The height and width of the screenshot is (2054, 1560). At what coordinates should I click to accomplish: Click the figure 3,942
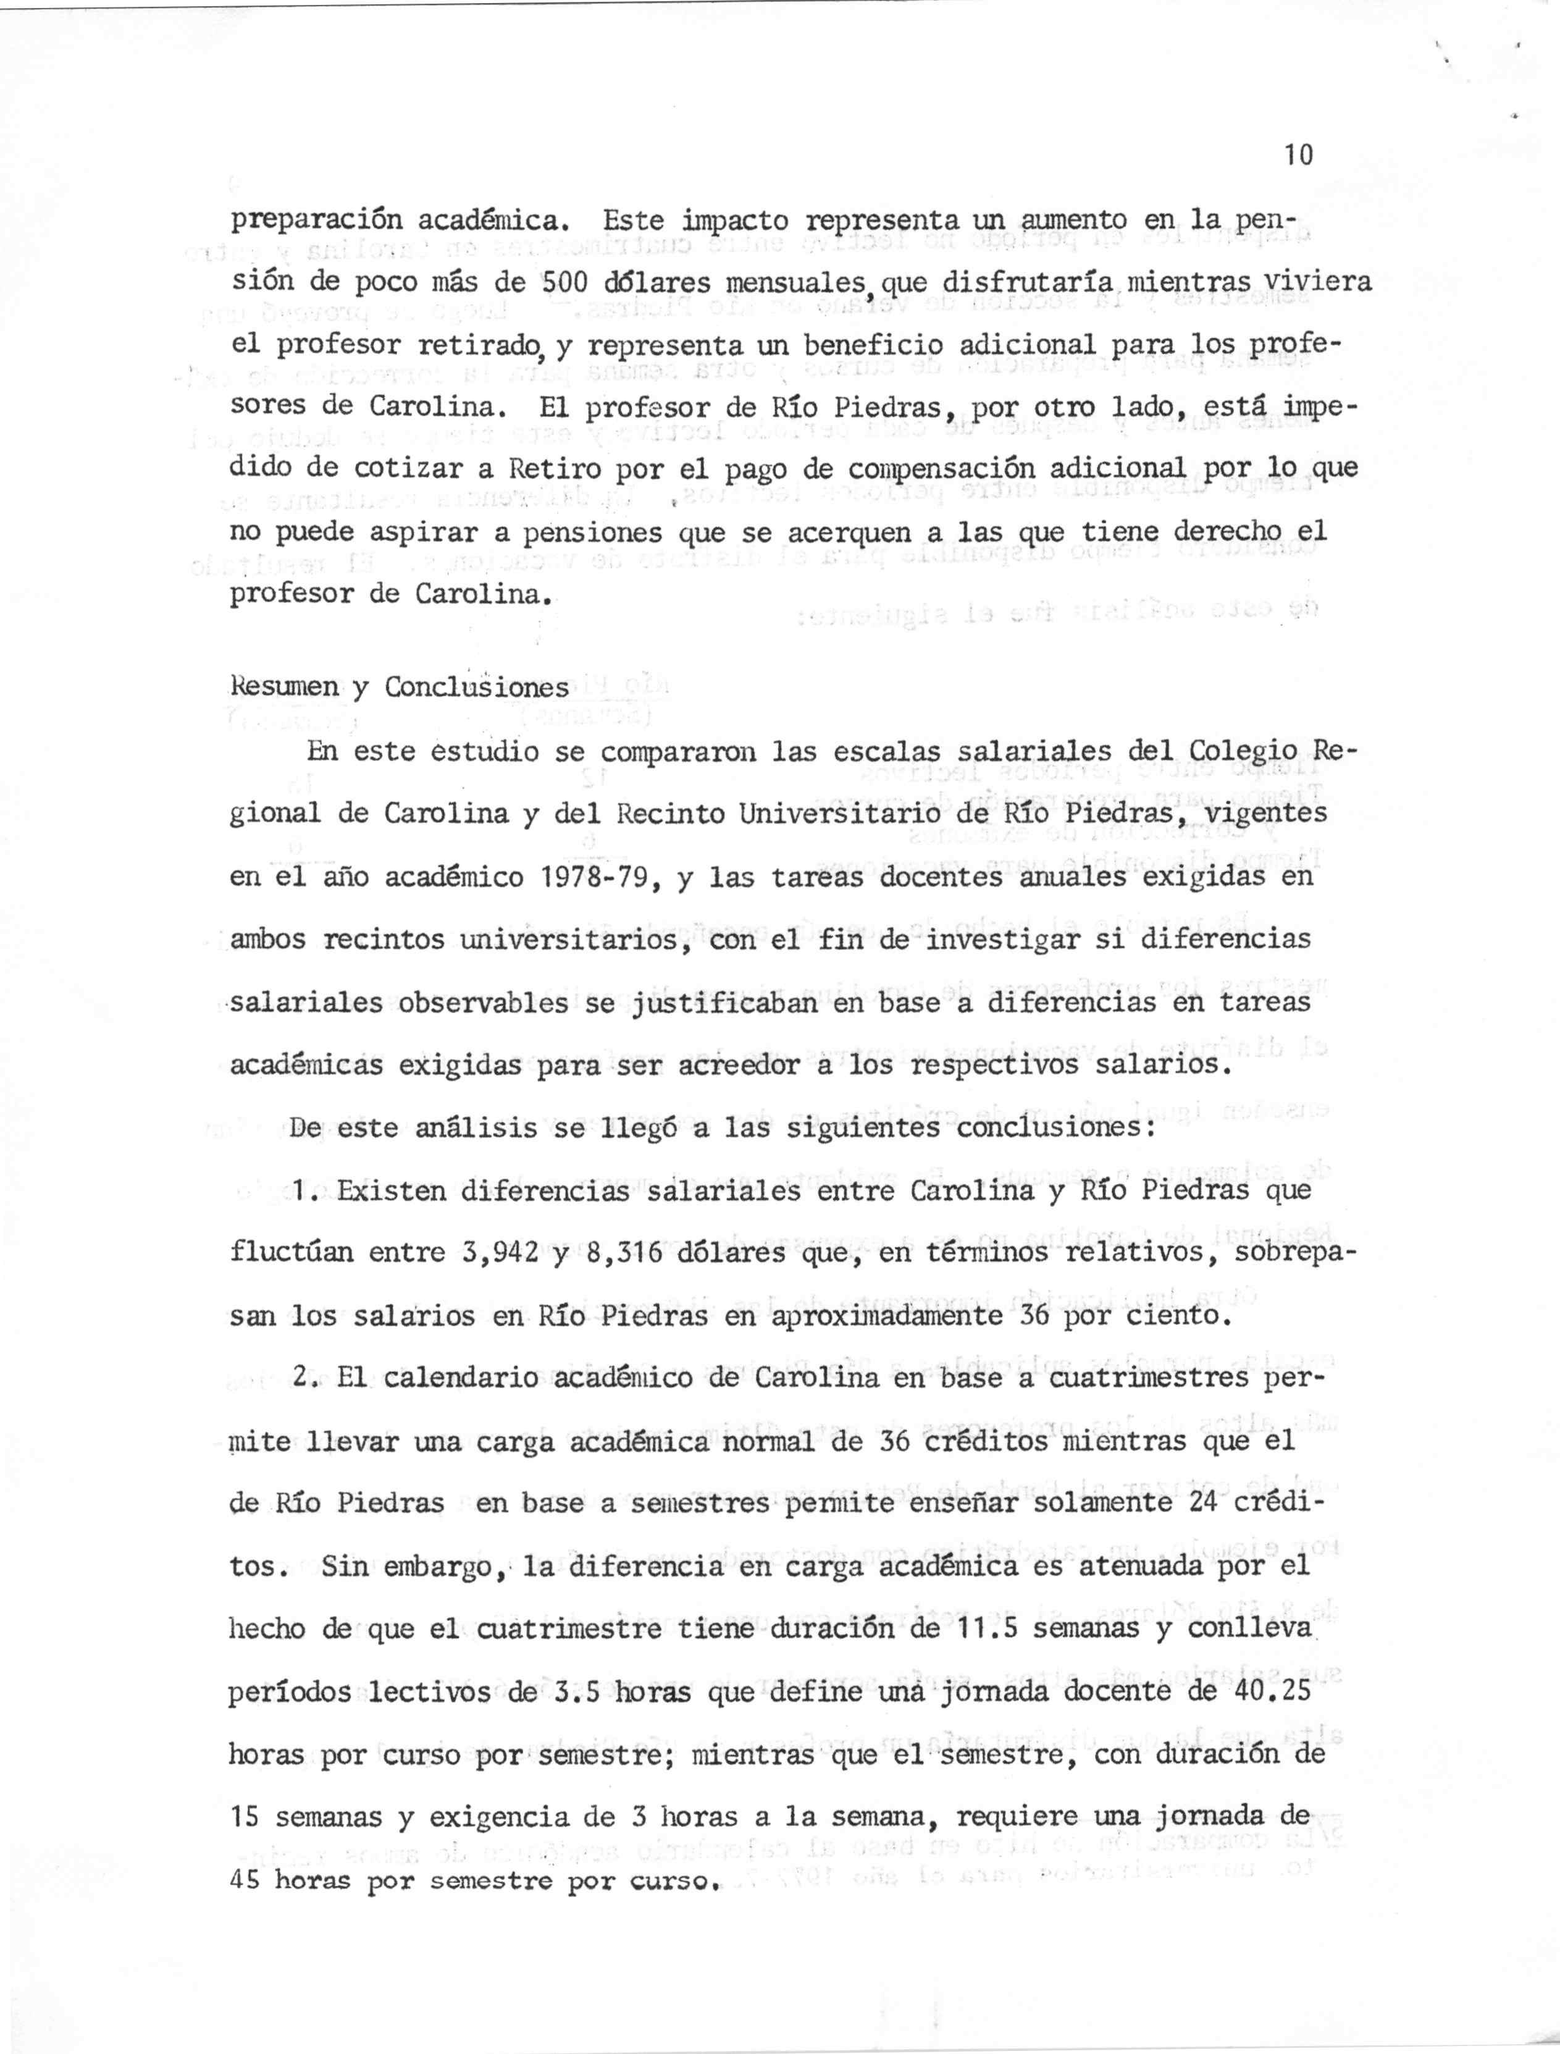pos(500,1253)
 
